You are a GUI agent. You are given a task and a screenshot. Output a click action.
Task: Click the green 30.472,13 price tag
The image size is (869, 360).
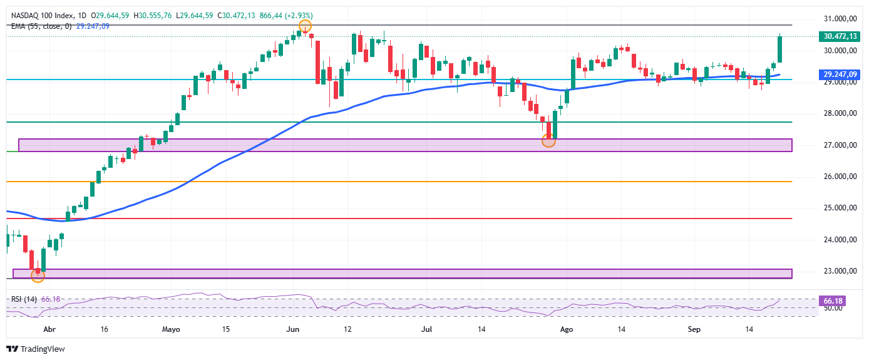click(x=839, y=36)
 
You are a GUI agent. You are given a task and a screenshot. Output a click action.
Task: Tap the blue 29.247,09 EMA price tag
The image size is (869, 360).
click(x=839, y=75)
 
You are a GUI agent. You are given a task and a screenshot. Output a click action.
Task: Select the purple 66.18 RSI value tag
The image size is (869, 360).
click(x=832, y=301)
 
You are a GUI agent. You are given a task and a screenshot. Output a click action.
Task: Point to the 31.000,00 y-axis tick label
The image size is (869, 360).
click(x=840, y=19)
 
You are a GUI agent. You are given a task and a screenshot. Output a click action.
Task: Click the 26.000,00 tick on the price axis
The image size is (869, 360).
click(x=840, y=177)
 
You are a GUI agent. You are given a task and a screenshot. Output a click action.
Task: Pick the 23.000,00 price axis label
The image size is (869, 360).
click(x=840, y=271)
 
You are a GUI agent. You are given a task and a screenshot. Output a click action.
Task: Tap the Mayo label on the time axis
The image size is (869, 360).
click(x=171, y=329)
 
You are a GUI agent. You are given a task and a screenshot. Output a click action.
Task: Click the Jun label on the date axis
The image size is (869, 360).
click(x=292, y=329)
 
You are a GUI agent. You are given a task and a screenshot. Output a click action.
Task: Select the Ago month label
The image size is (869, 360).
click(x=567, y=329)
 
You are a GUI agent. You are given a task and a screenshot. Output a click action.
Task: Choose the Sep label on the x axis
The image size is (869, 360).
click(x=694, y=329)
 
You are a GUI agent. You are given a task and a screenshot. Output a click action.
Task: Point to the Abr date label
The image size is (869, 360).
click(x=49, y=329)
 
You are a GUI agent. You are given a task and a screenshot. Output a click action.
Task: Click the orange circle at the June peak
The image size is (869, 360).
click(x=306, y=26)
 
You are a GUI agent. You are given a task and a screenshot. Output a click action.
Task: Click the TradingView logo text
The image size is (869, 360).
click(x=43, y=349)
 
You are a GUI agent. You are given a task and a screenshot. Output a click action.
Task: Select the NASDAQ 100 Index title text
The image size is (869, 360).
click(x=42, y=16)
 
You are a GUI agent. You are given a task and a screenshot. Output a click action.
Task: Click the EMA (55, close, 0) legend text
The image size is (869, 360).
click(x=41, y=26)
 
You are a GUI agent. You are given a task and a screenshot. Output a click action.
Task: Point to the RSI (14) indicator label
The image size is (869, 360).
click(x=24, y=299)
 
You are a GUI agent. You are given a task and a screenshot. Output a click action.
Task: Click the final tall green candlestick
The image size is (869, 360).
click(x=779, y=48)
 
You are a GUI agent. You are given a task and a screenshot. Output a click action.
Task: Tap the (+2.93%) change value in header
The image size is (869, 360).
click(x=299, y=16)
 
